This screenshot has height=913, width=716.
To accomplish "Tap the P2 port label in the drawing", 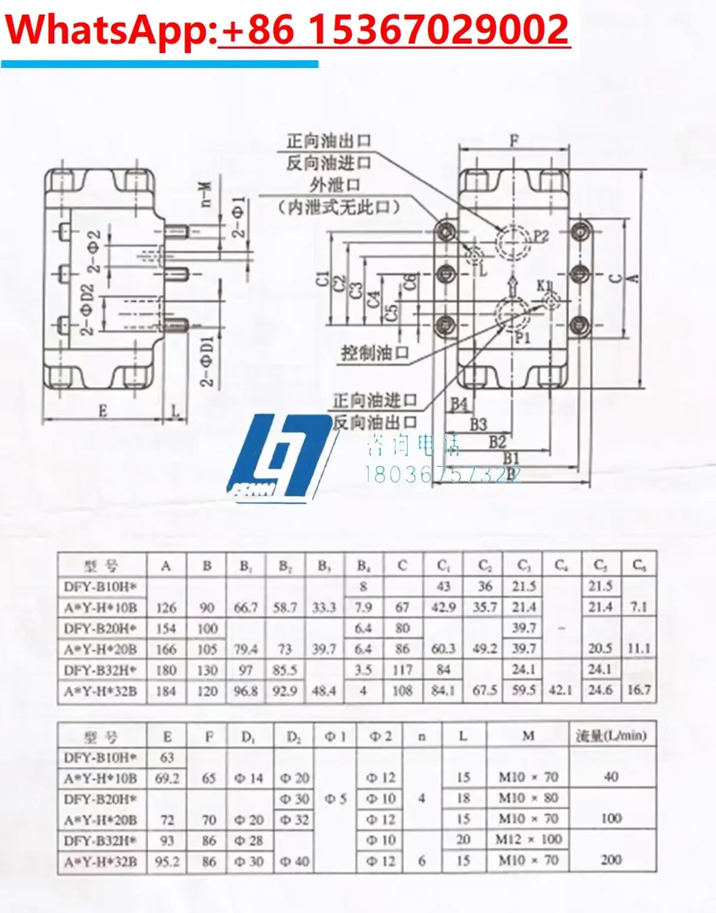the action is pos(541,236).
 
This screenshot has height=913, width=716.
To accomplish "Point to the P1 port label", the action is pos(522,337).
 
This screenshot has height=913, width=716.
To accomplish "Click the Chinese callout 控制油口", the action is pos(375,353).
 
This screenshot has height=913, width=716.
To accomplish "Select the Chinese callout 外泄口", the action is pos(335,185).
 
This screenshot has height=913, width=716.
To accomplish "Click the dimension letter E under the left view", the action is pos(102,410).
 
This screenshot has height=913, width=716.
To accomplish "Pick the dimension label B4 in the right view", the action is pos(459,404).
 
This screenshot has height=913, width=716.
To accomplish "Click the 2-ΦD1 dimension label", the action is pos(207,361).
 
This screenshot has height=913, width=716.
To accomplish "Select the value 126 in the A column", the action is pos(166,607).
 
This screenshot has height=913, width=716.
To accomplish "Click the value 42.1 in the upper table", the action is pos(560,690).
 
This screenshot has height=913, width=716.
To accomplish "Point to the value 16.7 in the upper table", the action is pos(639,690).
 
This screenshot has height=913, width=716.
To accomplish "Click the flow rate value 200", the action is pos(611,860).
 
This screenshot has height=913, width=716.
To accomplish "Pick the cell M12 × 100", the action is pos(528,839).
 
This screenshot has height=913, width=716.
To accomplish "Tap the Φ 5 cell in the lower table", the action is pos(335,799).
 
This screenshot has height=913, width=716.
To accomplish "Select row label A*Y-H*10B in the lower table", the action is pos(100,778).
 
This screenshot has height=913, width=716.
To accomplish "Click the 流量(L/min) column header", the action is pos(611,736).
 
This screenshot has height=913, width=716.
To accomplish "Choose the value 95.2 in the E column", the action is pos(167,861).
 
